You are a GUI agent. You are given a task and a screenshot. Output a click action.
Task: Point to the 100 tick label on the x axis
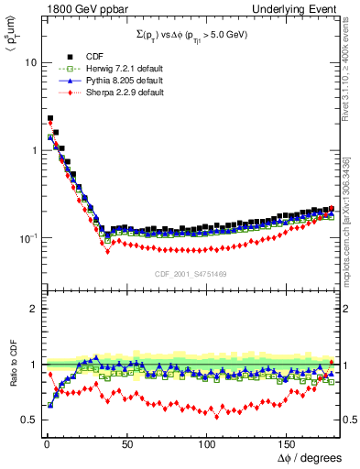tap(207, 442)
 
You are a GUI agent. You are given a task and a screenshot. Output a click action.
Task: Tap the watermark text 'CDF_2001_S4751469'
tap(191, 272)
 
